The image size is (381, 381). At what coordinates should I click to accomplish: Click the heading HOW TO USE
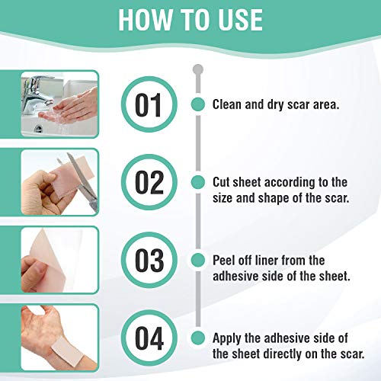pos(190,21)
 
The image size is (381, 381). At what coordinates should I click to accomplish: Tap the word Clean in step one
pos(229,104)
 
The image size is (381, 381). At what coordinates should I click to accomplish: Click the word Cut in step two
pos(223,182)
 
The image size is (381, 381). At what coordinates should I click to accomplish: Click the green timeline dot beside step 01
pos(197,104)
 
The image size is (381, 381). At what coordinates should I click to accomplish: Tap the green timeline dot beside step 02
pos(197,182)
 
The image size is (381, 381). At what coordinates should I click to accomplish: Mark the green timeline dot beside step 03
pos(197,260)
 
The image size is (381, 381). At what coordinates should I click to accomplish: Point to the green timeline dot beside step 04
pos(197,338)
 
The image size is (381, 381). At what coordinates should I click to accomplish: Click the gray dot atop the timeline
pos(197,69)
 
